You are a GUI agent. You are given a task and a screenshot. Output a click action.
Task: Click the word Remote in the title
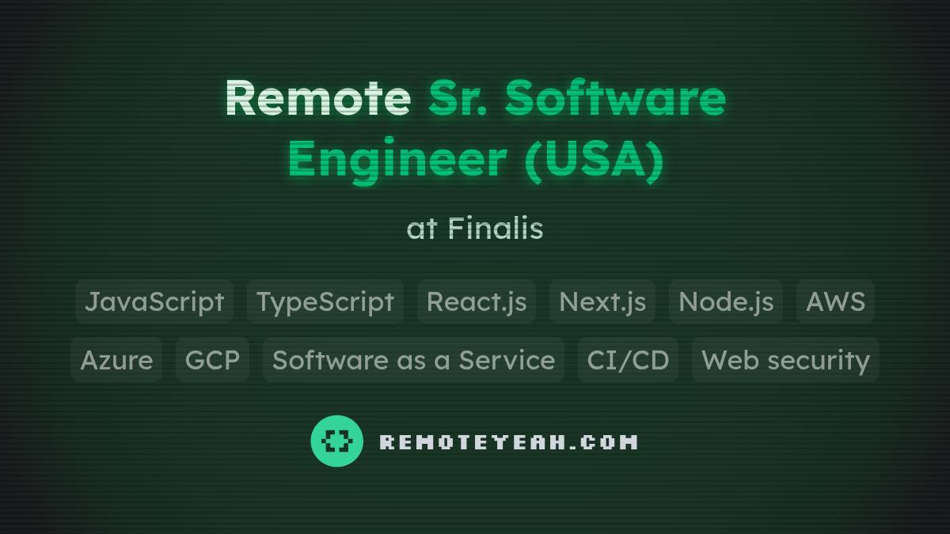317,98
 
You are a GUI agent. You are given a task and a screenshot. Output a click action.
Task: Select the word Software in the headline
615,98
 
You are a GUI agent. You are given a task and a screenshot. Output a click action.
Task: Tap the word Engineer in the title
397,160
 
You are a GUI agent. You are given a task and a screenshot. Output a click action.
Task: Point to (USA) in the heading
594,160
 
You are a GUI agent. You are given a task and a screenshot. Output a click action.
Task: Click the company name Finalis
496,229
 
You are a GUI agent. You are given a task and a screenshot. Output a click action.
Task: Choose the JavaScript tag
154,301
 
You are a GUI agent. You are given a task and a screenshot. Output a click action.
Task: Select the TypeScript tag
325,301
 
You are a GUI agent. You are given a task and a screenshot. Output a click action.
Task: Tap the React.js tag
477,301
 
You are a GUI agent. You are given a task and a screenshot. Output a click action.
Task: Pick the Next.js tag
602,301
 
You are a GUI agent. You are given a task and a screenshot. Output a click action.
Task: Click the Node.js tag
726,301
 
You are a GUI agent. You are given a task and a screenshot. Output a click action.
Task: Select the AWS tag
835,301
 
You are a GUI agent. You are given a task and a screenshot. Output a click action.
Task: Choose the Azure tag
116,360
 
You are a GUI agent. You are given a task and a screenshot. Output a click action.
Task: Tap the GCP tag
212,360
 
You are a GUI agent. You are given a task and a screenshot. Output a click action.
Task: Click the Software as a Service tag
413,360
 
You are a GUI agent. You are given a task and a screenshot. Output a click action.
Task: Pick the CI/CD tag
628,360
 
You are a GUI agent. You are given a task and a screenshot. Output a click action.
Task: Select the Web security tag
785,360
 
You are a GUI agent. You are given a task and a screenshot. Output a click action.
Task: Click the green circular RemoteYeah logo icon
336,441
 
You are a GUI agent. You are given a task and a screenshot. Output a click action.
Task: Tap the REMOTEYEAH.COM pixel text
508,441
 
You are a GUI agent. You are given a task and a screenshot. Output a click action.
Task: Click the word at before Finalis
421,229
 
